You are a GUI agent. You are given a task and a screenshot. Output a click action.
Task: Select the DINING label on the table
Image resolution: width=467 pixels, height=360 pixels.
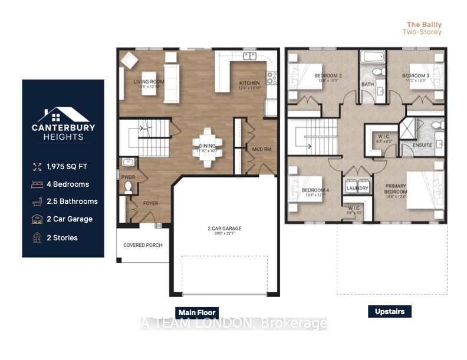click(x=207, y=146)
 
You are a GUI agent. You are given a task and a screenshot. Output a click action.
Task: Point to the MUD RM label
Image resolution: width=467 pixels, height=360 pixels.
click(x=261, y=149)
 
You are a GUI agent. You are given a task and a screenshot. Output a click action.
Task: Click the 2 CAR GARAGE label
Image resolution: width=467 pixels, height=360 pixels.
click(x=225, y=229)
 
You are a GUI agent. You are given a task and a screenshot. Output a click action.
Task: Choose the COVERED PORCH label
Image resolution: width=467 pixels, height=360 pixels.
click(x=143, y=245)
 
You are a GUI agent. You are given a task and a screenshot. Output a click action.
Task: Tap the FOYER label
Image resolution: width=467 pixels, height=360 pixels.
click(x=151, y=203)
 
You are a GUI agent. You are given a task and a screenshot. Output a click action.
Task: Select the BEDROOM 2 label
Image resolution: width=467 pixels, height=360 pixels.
click(x=328, y=76)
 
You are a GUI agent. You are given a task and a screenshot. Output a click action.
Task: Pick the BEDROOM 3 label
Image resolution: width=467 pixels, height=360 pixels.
click(x=416, y=76)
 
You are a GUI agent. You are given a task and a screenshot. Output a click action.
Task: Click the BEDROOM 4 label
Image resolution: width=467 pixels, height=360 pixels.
click(x=316, y=190)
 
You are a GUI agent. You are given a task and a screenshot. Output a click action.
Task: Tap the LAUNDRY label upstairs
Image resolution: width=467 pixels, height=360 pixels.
click(x=358, y=189)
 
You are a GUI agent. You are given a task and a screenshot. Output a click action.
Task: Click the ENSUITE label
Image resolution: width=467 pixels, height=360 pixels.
click(x=422, y=145)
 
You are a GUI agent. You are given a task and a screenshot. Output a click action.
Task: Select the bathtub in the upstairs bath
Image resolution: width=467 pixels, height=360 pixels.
click(x=373, y=58)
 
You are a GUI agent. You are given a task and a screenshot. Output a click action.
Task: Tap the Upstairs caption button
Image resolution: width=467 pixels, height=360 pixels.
click(x=389, y=311)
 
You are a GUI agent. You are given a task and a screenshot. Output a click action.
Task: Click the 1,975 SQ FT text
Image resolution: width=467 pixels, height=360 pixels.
click(x=68, y=167)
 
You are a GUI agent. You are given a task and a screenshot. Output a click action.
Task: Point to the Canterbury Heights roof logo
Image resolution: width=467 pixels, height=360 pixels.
click(x=63, y=114)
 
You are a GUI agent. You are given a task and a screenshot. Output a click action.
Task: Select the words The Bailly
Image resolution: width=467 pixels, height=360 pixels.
click(x=424, y=25)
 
